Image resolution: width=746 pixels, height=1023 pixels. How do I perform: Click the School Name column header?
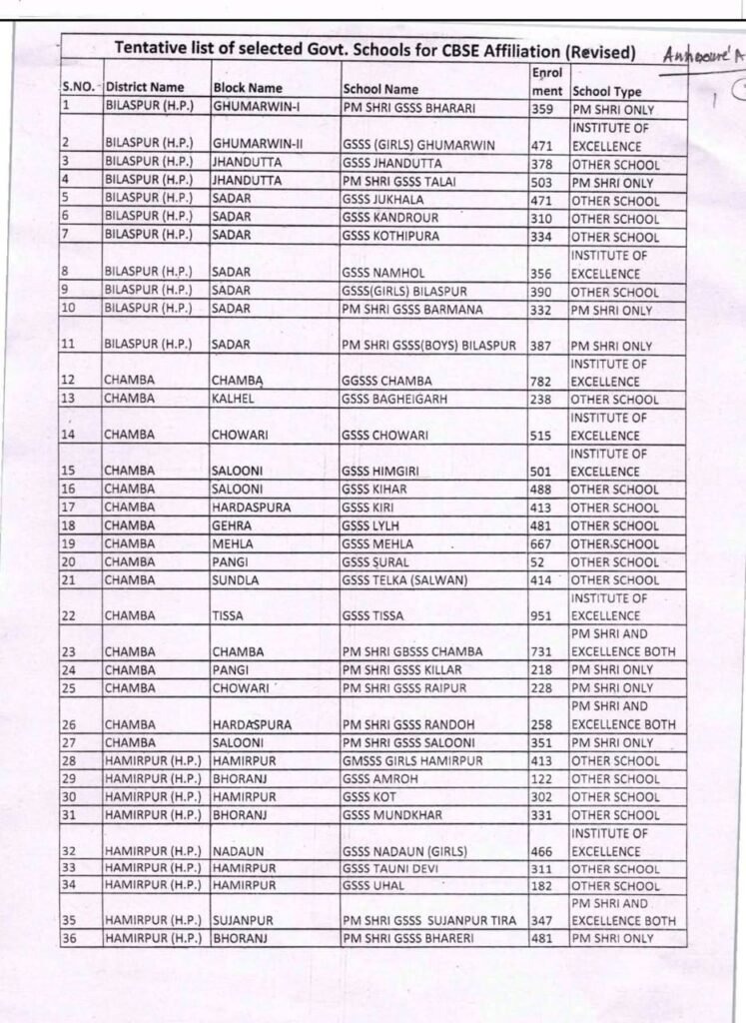coord(379,89)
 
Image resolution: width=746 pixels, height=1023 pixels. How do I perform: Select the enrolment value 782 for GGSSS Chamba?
coord(541,382)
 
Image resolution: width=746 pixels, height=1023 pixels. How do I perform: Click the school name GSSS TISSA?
coord(373,616)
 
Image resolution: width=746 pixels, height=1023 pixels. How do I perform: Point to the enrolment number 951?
coord(541,616)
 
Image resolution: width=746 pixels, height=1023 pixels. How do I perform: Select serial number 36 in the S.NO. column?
coord(70,938)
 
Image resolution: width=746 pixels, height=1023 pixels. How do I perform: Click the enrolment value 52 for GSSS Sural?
coord(538,562)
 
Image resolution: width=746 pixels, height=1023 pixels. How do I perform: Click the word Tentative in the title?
coord(153,49)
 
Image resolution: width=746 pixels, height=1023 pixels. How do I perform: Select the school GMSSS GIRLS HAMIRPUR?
coord(411,761)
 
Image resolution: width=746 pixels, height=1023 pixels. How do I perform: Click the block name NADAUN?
coord(236,851)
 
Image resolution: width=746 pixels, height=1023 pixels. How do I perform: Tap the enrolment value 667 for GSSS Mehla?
coord(541,544)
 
